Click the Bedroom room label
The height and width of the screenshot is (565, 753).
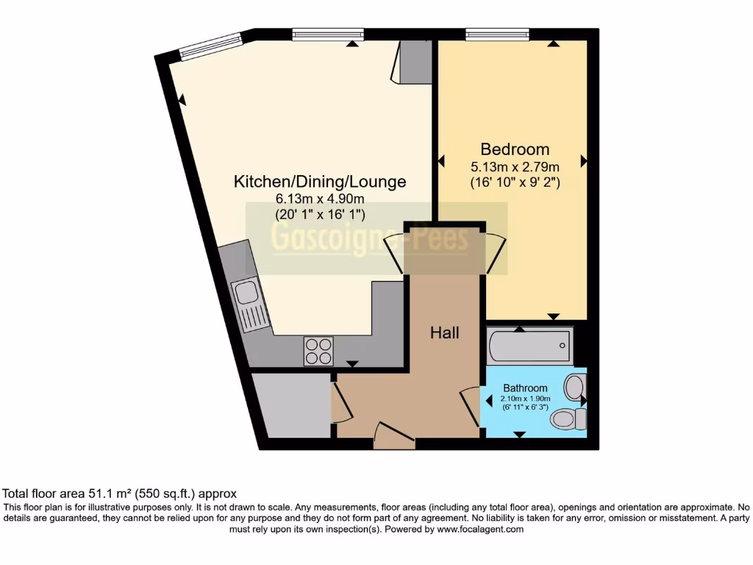coord(515,148)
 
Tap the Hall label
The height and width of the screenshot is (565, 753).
coord(444,333)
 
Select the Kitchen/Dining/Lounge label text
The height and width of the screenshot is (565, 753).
coord(320,181)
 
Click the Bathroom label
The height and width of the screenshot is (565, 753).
coord(525,388)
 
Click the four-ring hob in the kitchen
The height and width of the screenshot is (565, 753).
coord(318,350)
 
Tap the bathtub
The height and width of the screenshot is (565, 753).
coord(529,346)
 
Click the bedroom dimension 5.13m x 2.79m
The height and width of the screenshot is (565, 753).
coord(515,166)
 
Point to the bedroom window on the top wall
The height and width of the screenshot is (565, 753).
coord(497,34)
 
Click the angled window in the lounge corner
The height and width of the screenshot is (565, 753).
coord(212,46)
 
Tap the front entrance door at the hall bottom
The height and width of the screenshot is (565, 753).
coord(394,436)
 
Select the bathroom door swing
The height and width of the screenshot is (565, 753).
coord(470,407)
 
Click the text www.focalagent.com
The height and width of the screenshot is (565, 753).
coord(480,529)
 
